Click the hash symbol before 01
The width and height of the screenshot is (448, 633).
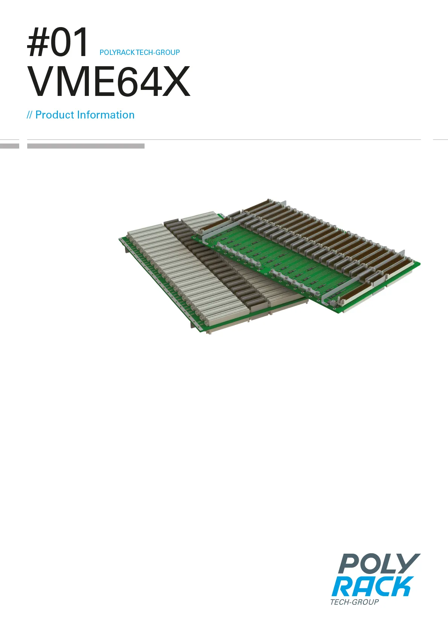tap(38, 42)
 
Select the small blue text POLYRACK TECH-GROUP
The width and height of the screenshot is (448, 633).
tap(140, 52)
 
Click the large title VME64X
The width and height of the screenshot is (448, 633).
tap(108, 81)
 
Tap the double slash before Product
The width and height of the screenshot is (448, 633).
tap(30, 115)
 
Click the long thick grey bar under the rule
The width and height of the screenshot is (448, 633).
tap(86, 146)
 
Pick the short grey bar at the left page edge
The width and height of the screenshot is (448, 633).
tap(9, 146)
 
